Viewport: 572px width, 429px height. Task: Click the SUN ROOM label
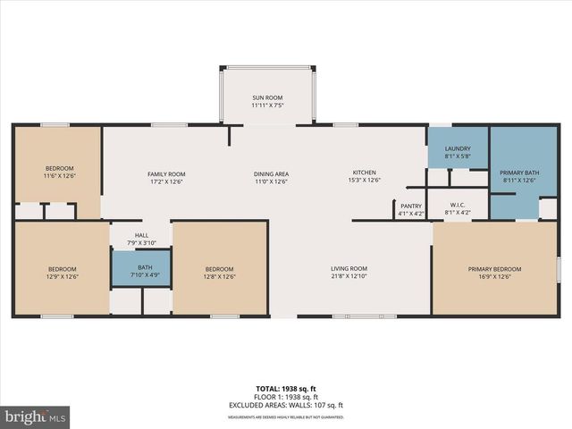pyautogui.click(x=267, y=97)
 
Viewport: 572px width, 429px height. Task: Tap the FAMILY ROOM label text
pyautogui.click(x=165, y=174)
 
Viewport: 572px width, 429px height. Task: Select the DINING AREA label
pyautogui.click(x=271, y=174)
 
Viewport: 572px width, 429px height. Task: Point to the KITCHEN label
pyautogui.click(x=364, y=172)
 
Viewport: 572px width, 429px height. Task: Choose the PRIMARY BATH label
pyautogui.click(x=519, y=172)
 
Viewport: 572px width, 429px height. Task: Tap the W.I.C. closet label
pyautogui.click(x=457, y=205)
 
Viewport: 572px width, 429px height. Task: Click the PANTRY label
pyautogui.click(x=410, y=205)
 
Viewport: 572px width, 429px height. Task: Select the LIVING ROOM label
pyautogui.click(x=349, y=269)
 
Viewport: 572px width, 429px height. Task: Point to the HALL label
pyautogui.click(x=141, y=236)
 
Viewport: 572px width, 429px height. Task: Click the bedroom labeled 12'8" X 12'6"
pyautogui.click(x=219, y=273)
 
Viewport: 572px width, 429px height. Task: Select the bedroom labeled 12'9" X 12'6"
pyautogui.click(x=62, y=273)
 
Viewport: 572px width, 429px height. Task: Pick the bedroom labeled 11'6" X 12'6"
pyautogui.click(x=59, y=172)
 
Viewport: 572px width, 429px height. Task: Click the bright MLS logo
pyautogui.click(x=36, y=416)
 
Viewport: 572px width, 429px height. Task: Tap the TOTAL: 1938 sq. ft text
pyautogui.click(x=287, y=389)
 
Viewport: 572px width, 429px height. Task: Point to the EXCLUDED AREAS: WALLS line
pyautogui.click(x=287, y=405)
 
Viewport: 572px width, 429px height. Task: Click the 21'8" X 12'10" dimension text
pyautogui.click(x=349, y=277)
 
